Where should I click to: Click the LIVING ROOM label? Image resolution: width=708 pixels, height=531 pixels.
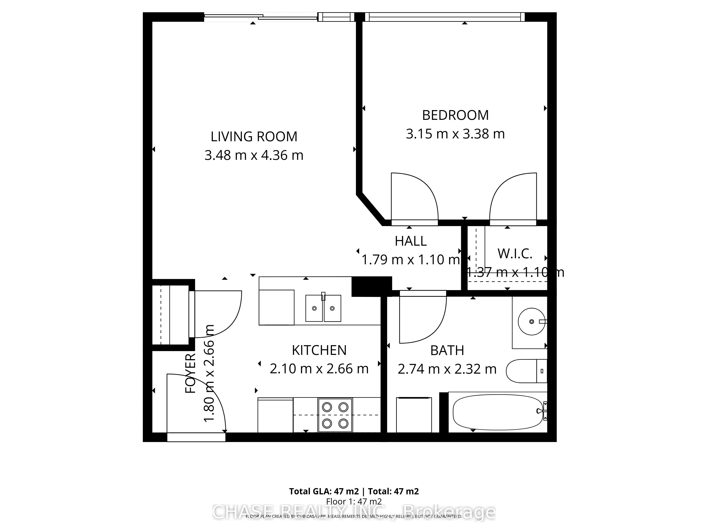tap(254, 137)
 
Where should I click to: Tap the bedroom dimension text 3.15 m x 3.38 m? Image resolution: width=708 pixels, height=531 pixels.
tap(455, 134)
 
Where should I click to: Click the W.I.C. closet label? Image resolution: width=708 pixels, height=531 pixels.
tap(515, 254)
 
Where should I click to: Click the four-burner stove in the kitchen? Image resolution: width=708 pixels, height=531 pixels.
tap(335, 415)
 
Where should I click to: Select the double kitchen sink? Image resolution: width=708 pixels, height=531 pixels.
tap(323, 308)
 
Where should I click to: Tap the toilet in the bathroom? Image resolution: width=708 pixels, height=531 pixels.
tap(525, 371)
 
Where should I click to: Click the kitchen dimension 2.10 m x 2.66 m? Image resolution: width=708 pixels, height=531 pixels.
tap(319, 369)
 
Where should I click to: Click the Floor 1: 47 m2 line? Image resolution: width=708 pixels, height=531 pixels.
tap(354, 501)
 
